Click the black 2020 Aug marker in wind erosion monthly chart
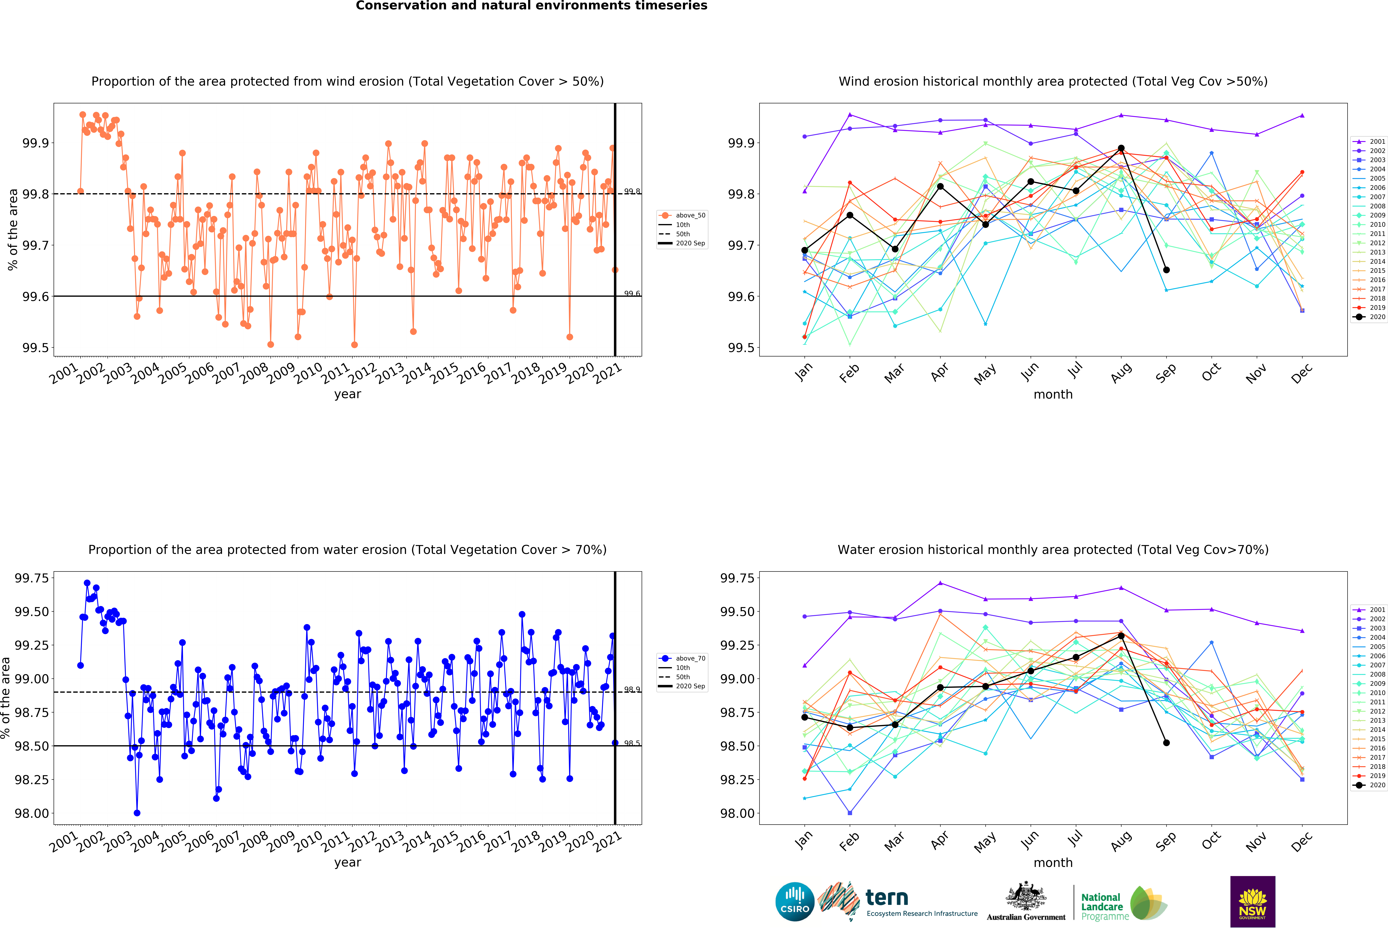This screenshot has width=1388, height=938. [1121, 148]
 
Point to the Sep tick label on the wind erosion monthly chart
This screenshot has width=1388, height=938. [1166, 373]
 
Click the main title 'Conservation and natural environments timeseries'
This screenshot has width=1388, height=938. [532, 6]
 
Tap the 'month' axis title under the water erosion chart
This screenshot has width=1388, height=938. [1053, 863]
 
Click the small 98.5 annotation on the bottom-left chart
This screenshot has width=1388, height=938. [632, 743]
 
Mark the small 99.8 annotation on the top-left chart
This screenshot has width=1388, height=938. [632, 191]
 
